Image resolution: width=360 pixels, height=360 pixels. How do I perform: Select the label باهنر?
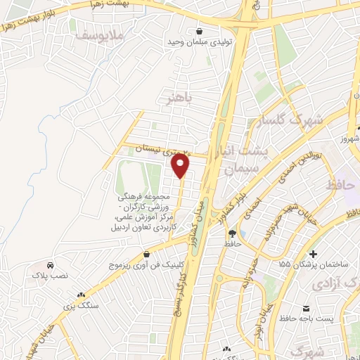tap(175, 97)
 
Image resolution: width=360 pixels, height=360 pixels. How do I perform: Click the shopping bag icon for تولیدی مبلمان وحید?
tap(201, 31)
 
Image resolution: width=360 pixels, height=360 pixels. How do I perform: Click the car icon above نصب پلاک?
tap(51, 265)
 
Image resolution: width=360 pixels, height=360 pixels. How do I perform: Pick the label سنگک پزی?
tap(78, 306)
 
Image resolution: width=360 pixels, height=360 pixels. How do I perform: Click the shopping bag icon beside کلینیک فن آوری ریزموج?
tap(146, 255)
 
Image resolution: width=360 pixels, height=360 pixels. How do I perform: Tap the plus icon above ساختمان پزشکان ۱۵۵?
tap(314, 253)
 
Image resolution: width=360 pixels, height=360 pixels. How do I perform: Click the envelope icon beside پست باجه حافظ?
tap(307, 309)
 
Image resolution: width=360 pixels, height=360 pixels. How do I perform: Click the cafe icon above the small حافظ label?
tap(231, 233)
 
